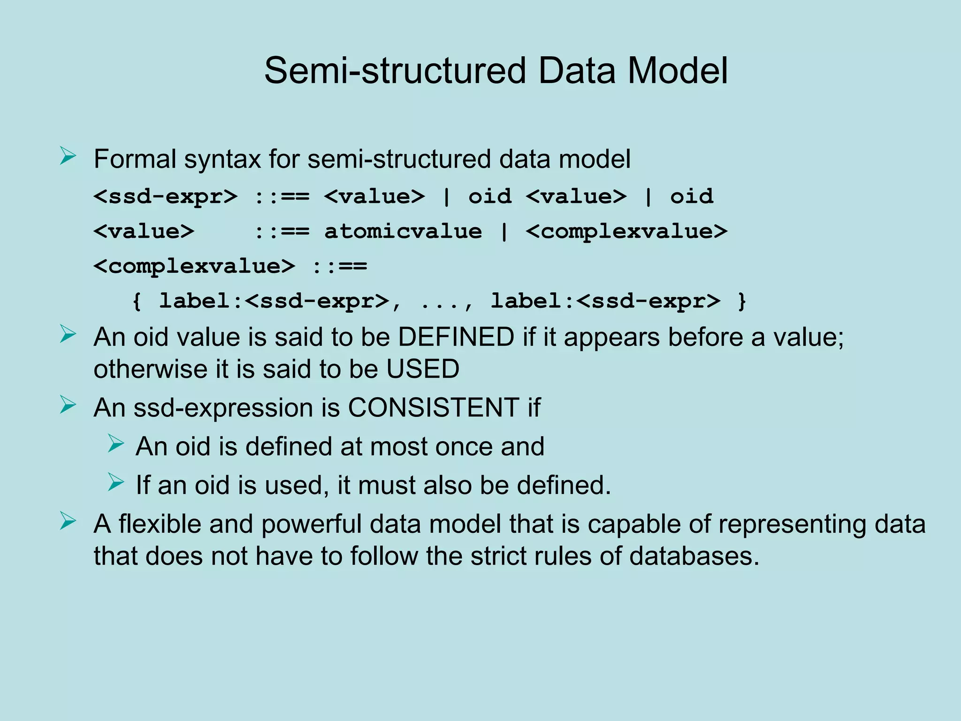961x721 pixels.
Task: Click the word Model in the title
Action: click(677, 70)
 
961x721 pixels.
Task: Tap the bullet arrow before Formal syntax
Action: click(68, 156)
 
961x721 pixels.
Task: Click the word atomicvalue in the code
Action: click(403, 231)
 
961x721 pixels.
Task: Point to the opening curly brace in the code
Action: click(137, 301)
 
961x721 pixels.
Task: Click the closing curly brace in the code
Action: click(742, 301)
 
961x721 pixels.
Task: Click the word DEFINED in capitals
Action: click(456, 337)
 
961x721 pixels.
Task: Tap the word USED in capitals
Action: click(423, 369)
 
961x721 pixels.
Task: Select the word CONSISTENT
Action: click(433, 407)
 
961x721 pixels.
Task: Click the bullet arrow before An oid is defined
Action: click(115, 443)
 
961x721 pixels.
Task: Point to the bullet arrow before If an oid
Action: click(115, 482)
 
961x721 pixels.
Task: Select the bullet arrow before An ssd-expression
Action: click(68, 405)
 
